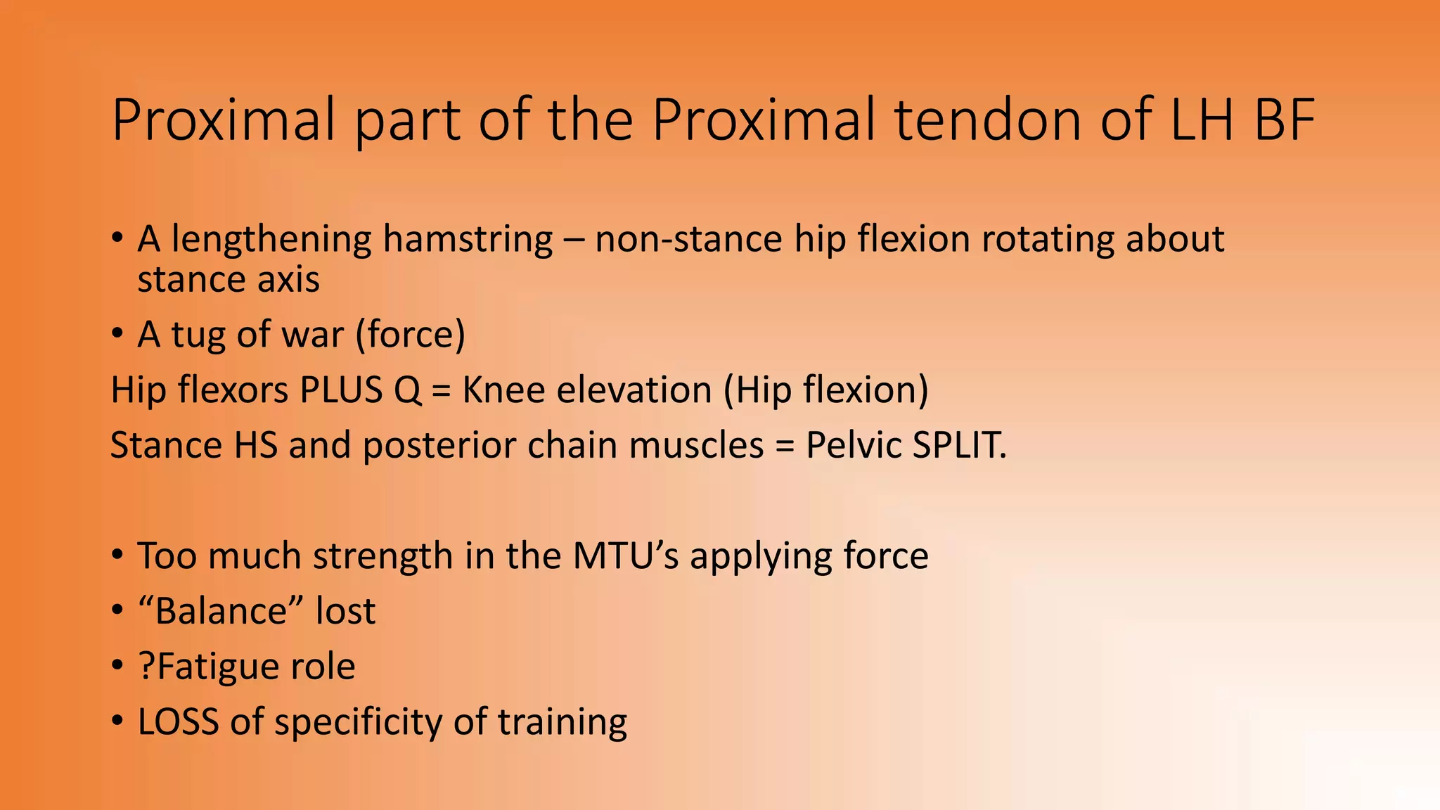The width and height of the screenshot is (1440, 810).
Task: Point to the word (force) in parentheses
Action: [410, 335]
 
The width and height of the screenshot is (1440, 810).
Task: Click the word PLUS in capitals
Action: [340, 390]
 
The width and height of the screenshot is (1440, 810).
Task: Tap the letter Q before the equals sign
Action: [407, 390]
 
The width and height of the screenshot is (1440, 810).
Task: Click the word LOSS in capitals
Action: [178, 722]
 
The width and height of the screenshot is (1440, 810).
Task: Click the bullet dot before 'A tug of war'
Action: [117, 335]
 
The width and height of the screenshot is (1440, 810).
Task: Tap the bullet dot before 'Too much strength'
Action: [117, 556]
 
